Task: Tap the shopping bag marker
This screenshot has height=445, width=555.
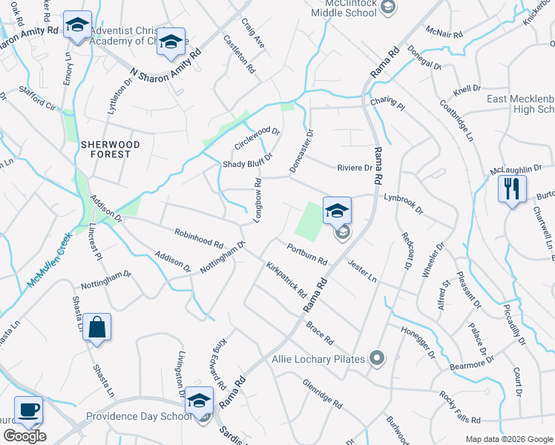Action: coord(96,327)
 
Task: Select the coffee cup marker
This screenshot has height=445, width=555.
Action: coord(29,410)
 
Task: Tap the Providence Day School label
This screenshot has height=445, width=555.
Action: coord(139,417)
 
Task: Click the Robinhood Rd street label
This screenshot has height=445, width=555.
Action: coord(199,238)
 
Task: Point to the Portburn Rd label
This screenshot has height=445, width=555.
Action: coord(307,254)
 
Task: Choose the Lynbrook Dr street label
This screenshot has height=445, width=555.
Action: coord(403,204)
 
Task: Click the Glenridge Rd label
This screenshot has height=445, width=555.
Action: coord(321,394)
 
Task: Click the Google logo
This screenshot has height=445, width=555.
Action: coord(24,436)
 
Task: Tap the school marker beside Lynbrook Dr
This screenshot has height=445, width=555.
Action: coord(336,211)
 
